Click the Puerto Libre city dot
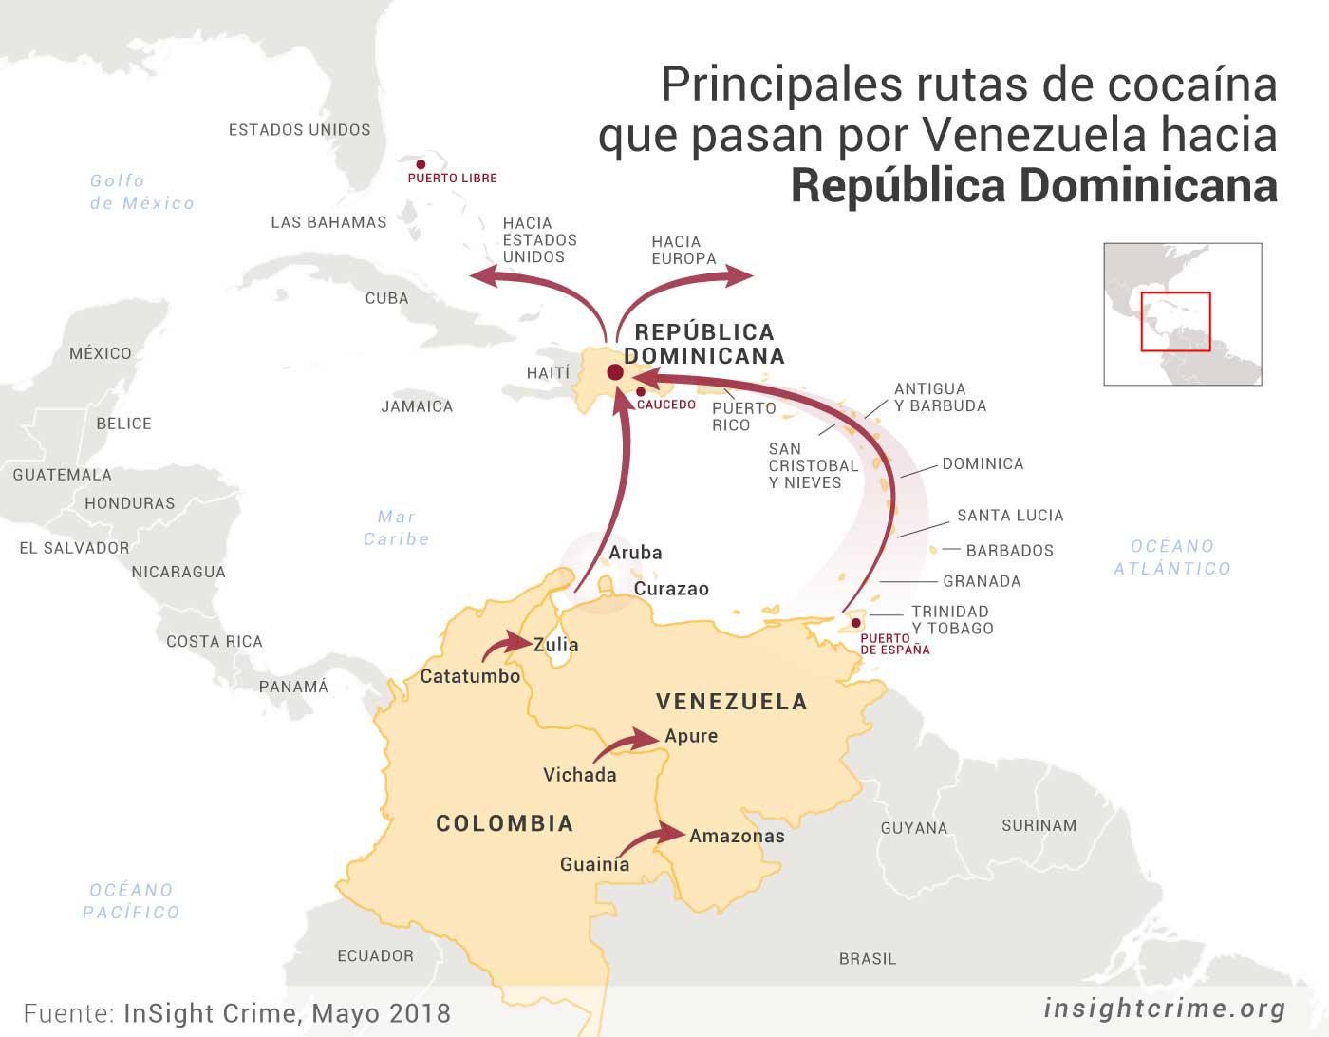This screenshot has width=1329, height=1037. point(421,164)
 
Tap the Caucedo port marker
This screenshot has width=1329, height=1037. point(641,391)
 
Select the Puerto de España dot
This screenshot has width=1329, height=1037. point(855,623)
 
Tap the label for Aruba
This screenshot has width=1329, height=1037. point(635,553)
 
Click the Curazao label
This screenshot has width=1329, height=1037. point(671,589)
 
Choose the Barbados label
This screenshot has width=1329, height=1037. point(1009,551)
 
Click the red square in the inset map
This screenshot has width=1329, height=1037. point(1175,322)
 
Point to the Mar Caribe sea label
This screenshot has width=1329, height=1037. point(397,528)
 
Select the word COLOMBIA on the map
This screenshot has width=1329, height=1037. point(504,823)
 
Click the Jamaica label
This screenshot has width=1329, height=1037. point(417,406)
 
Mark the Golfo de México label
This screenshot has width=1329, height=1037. point(141,192)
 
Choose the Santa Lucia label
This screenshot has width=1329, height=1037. point(1010,516)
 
